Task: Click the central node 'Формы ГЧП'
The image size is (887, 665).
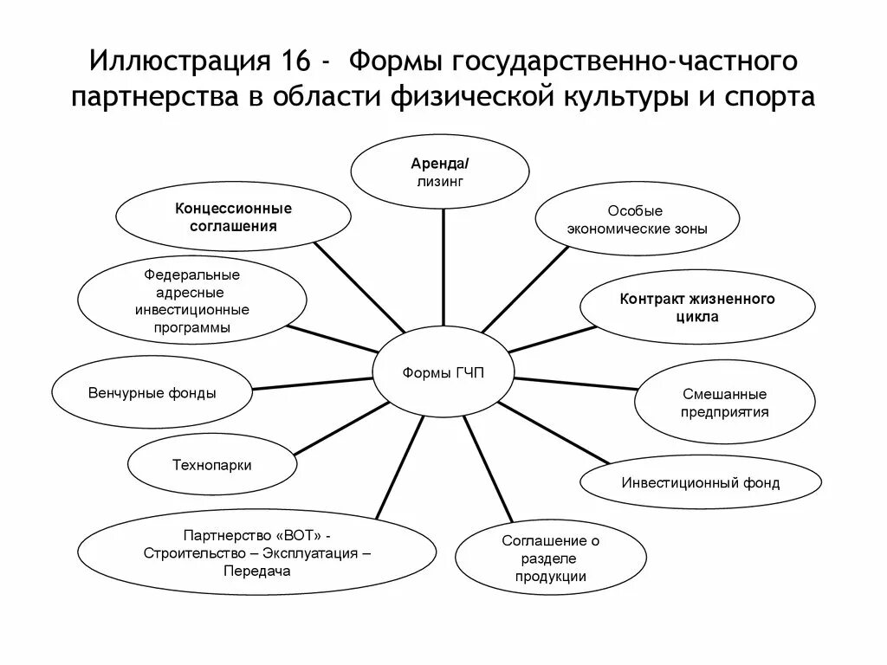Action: tap(443, 373)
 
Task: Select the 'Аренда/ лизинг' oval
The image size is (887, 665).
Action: tap(443, 172)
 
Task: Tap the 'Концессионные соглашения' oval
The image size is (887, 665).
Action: tap(233, 217)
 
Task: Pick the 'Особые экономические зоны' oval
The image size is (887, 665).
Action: tap(637, 220)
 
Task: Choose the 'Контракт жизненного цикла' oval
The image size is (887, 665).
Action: tap(696, 307)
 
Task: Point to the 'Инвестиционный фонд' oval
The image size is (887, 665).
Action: tap(700, 482)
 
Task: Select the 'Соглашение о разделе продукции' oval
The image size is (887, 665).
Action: tap(551, 558)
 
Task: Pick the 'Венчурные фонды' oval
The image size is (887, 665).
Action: tap(152, 393)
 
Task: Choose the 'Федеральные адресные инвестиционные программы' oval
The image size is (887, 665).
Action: tap(192, 301)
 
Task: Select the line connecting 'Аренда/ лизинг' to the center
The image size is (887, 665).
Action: tap(443, 268)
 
